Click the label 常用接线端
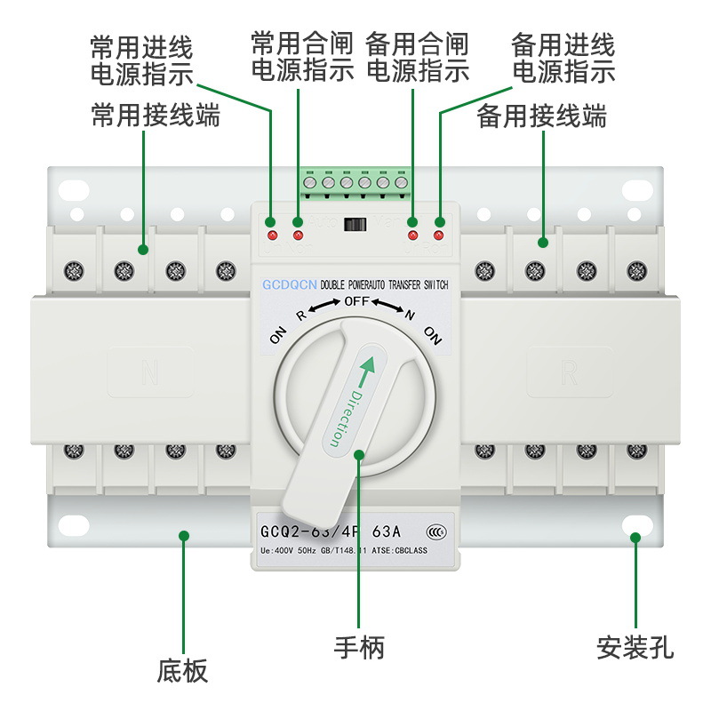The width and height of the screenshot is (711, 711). click(156, 116)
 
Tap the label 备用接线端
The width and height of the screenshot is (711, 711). click(542, 116)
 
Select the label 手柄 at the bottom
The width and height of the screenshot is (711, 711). click(359, 647)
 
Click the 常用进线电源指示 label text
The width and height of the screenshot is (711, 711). click(141, 60)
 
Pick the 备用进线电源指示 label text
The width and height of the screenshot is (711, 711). click(563, 58)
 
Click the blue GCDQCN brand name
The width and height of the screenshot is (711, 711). click(289, 284)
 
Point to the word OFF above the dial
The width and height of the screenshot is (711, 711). click(355, 301)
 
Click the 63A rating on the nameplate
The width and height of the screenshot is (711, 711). click(385, 532)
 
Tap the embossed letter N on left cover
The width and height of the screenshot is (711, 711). click(149, 372)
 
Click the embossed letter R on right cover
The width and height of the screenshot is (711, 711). click(569, 372)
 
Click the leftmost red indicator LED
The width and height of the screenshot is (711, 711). click(272, 236)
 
